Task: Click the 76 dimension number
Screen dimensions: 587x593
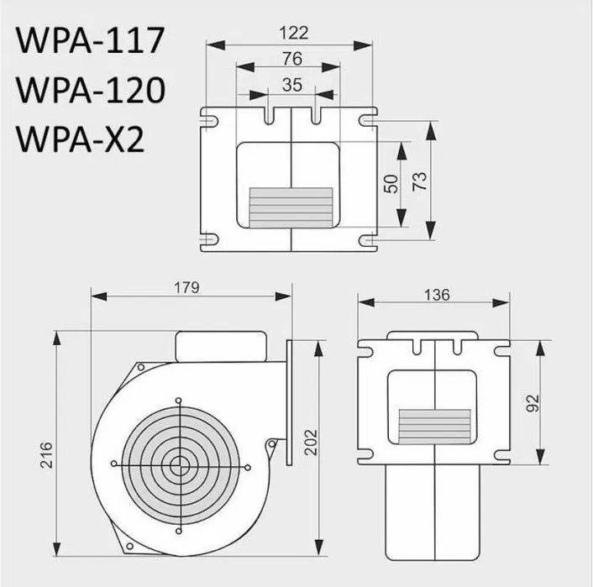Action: (291, 59)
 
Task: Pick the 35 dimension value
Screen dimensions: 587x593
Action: (291, 84)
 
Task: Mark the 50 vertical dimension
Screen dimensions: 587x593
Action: (391, 184)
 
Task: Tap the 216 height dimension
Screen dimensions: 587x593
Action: (47, 454)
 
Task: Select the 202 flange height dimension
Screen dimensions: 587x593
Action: (310, 444)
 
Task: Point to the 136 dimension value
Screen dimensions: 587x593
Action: (437, 295)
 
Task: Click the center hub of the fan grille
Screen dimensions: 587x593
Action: (178, 464)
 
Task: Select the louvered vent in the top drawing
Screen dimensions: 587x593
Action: (290, 203)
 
